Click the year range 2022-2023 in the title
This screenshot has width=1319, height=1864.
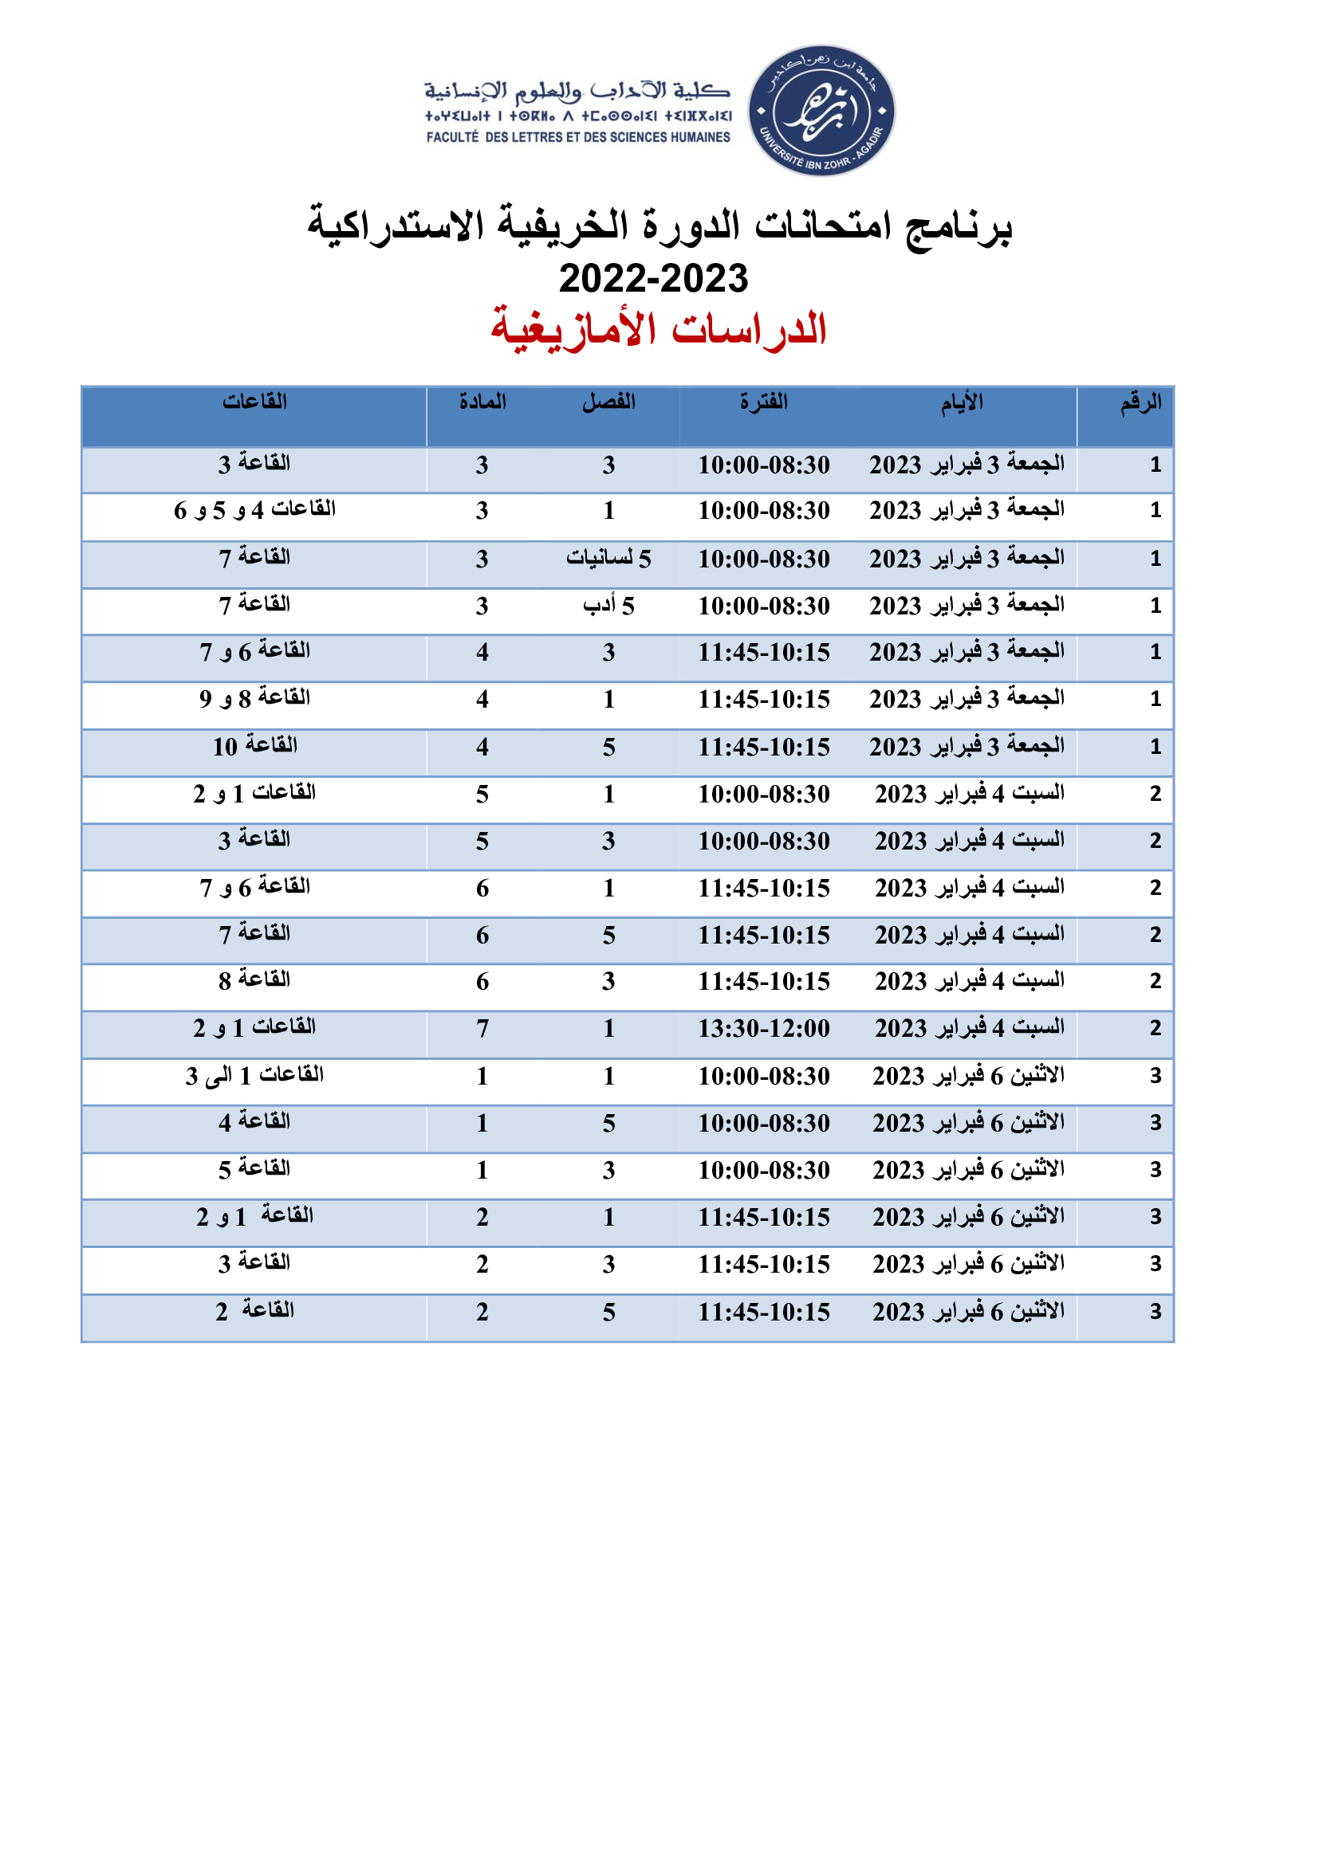point(653,278)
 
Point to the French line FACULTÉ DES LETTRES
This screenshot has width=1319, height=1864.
point(577,137)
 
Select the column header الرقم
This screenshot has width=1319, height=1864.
point(1140,402)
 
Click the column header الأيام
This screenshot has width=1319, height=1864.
point(962,402)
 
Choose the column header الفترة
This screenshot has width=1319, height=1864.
point(763,402)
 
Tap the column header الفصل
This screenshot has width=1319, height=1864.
point(608,402)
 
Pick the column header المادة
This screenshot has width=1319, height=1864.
point(482,402)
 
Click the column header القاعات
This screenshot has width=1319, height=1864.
point(254,402)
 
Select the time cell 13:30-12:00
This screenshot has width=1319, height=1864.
point(763,1029)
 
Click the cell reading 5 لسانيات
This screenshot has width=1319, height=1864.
point(608,559)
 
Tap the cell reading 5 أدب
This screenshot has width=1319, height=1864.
point(608,606)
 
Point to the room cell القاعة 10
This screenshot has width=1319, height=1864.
point(254,746)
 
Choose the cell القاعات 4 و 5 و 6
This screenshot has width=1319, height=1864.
point(254,510)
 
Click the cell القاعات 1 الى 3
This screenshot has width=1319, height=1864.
point(254,1076)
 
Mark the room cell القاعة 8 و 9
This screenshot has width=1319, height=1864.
point(254,698)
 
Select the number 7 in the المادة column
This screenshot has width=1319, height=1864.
point(482,1029)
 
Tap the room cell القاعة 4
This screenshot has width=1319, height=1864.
point(254,1123)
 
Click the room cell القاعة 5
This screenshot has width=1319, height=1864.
point(254,1170)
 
